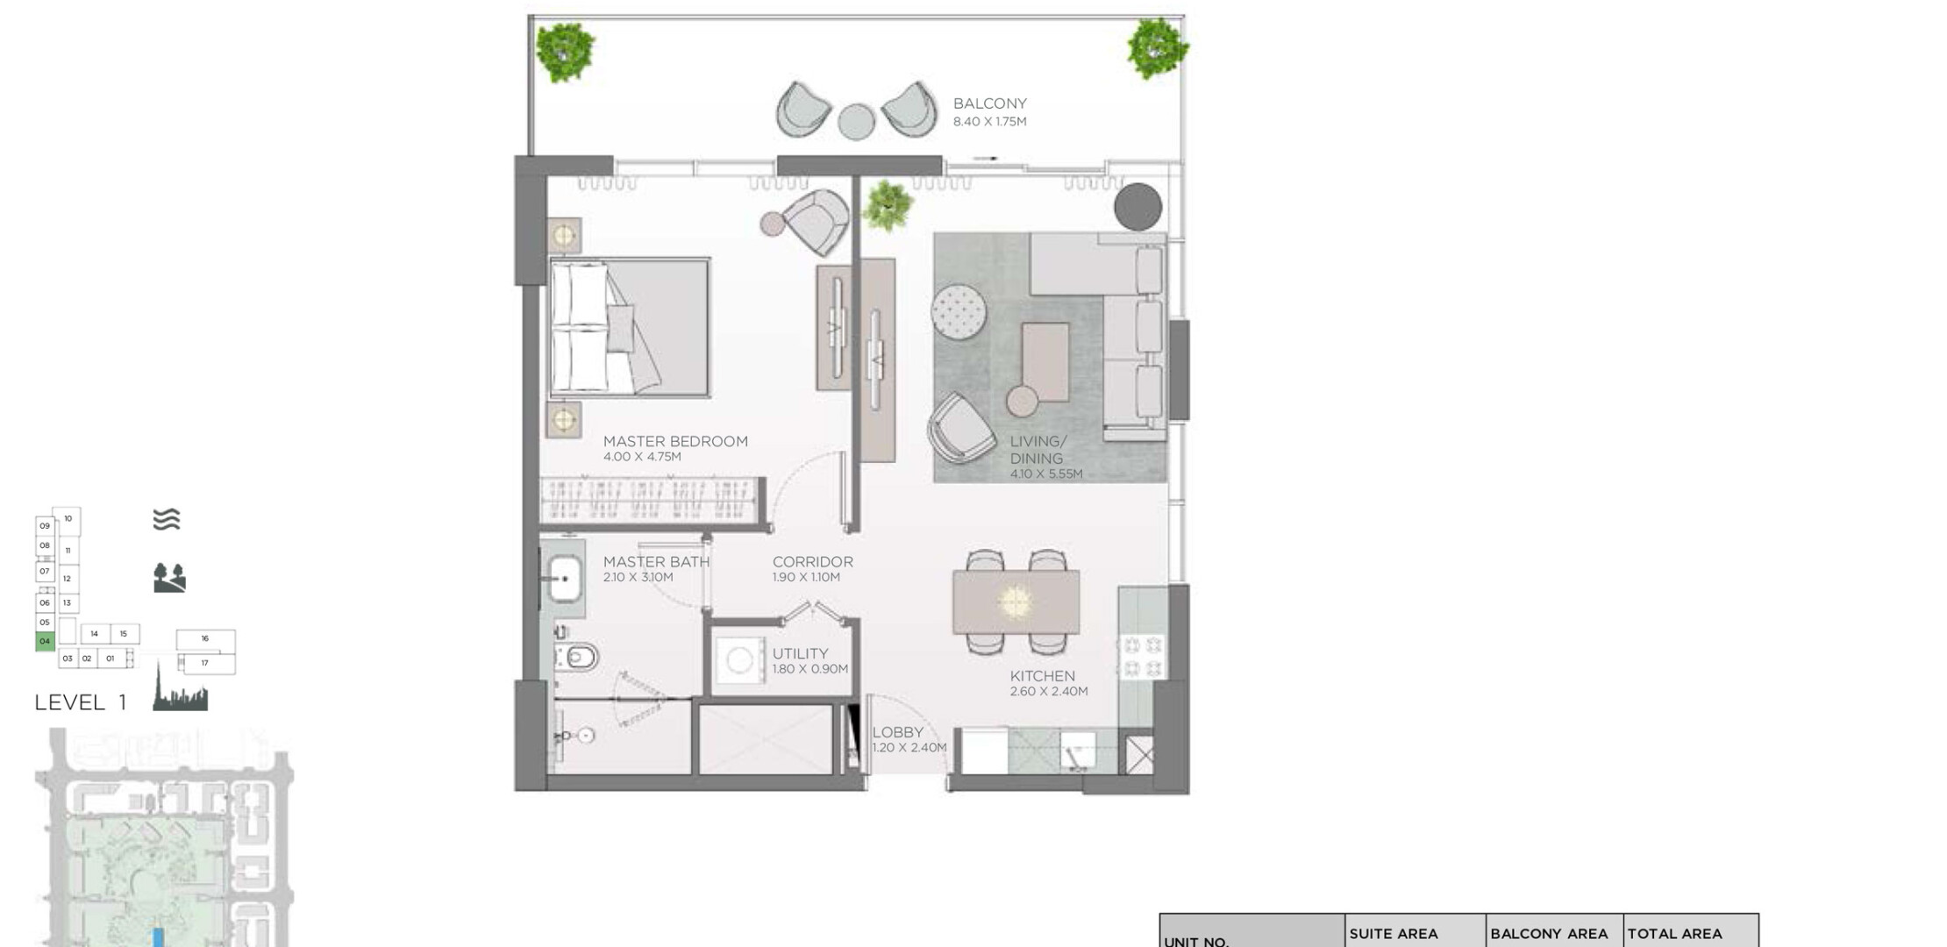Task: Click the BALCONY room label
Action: coord(989,103)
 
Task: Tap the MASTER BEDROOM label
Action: coord(675,441)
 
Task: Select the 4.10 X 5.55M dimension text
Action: coord(1046,474)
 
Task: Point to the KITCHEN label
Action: coord(1042,676)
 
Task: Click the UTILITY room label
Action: coord(800,653)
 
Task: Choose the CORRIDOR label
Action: coord(812,562)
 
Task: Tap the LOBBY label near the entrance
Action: coord(897,732)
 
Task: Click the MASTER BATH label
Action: coord(656,562)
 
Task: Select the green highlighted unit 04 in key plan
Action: coord(45,641)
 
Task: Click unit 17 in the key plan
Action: coord(205,663)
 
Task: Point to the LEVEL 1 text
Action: coord(81,702)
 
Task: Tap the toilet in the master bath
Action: coord(579,656)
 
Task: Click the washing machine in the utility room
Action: coord(739,660)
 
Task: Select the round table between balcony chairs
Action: coord(856,122)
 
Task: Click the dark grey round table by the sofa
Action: coord(1138,207)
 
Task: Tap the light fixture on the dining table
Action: coord(1015,602)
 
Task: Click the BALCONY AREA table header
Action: coord(1549,934)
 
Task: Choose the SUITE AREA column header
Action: coord(1394,934)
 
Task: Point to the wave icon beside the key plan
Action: coord(167,520)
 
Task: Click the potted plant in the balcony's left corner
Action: coord(566,51)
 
